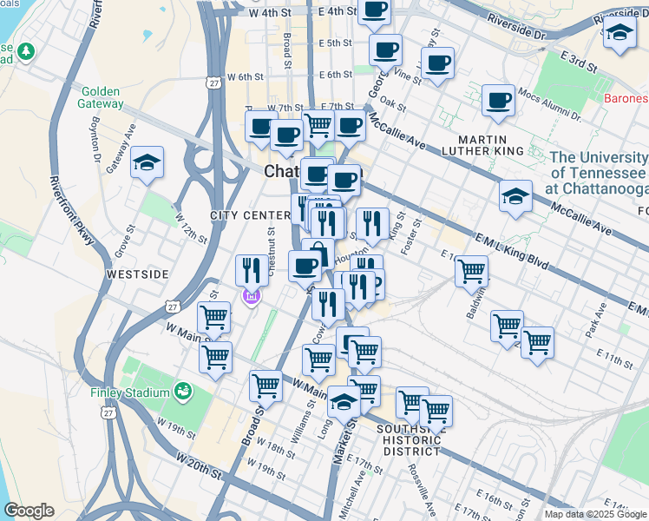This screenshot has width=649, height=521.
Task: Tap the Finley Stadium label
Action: pos(130,392)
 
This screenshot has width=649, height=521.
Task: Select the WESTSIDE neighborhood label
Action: pos(136,274)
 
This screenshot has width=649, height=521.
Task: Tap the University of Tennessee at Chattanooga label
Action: pos(600,174)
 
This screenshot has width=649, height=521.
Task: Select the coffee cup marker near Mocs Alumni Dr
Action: pos(498,102)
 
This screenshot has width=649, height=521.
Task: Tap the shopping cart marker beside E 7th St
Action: pos(318,125)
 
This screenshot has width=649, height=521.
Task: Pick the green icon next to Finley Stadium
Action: pos(182,392)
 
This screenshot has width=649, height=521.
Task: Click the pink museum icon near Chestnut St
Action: pos(252,297)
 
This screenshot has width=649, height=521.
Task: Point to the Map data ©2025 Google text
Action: pos(595,514)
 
